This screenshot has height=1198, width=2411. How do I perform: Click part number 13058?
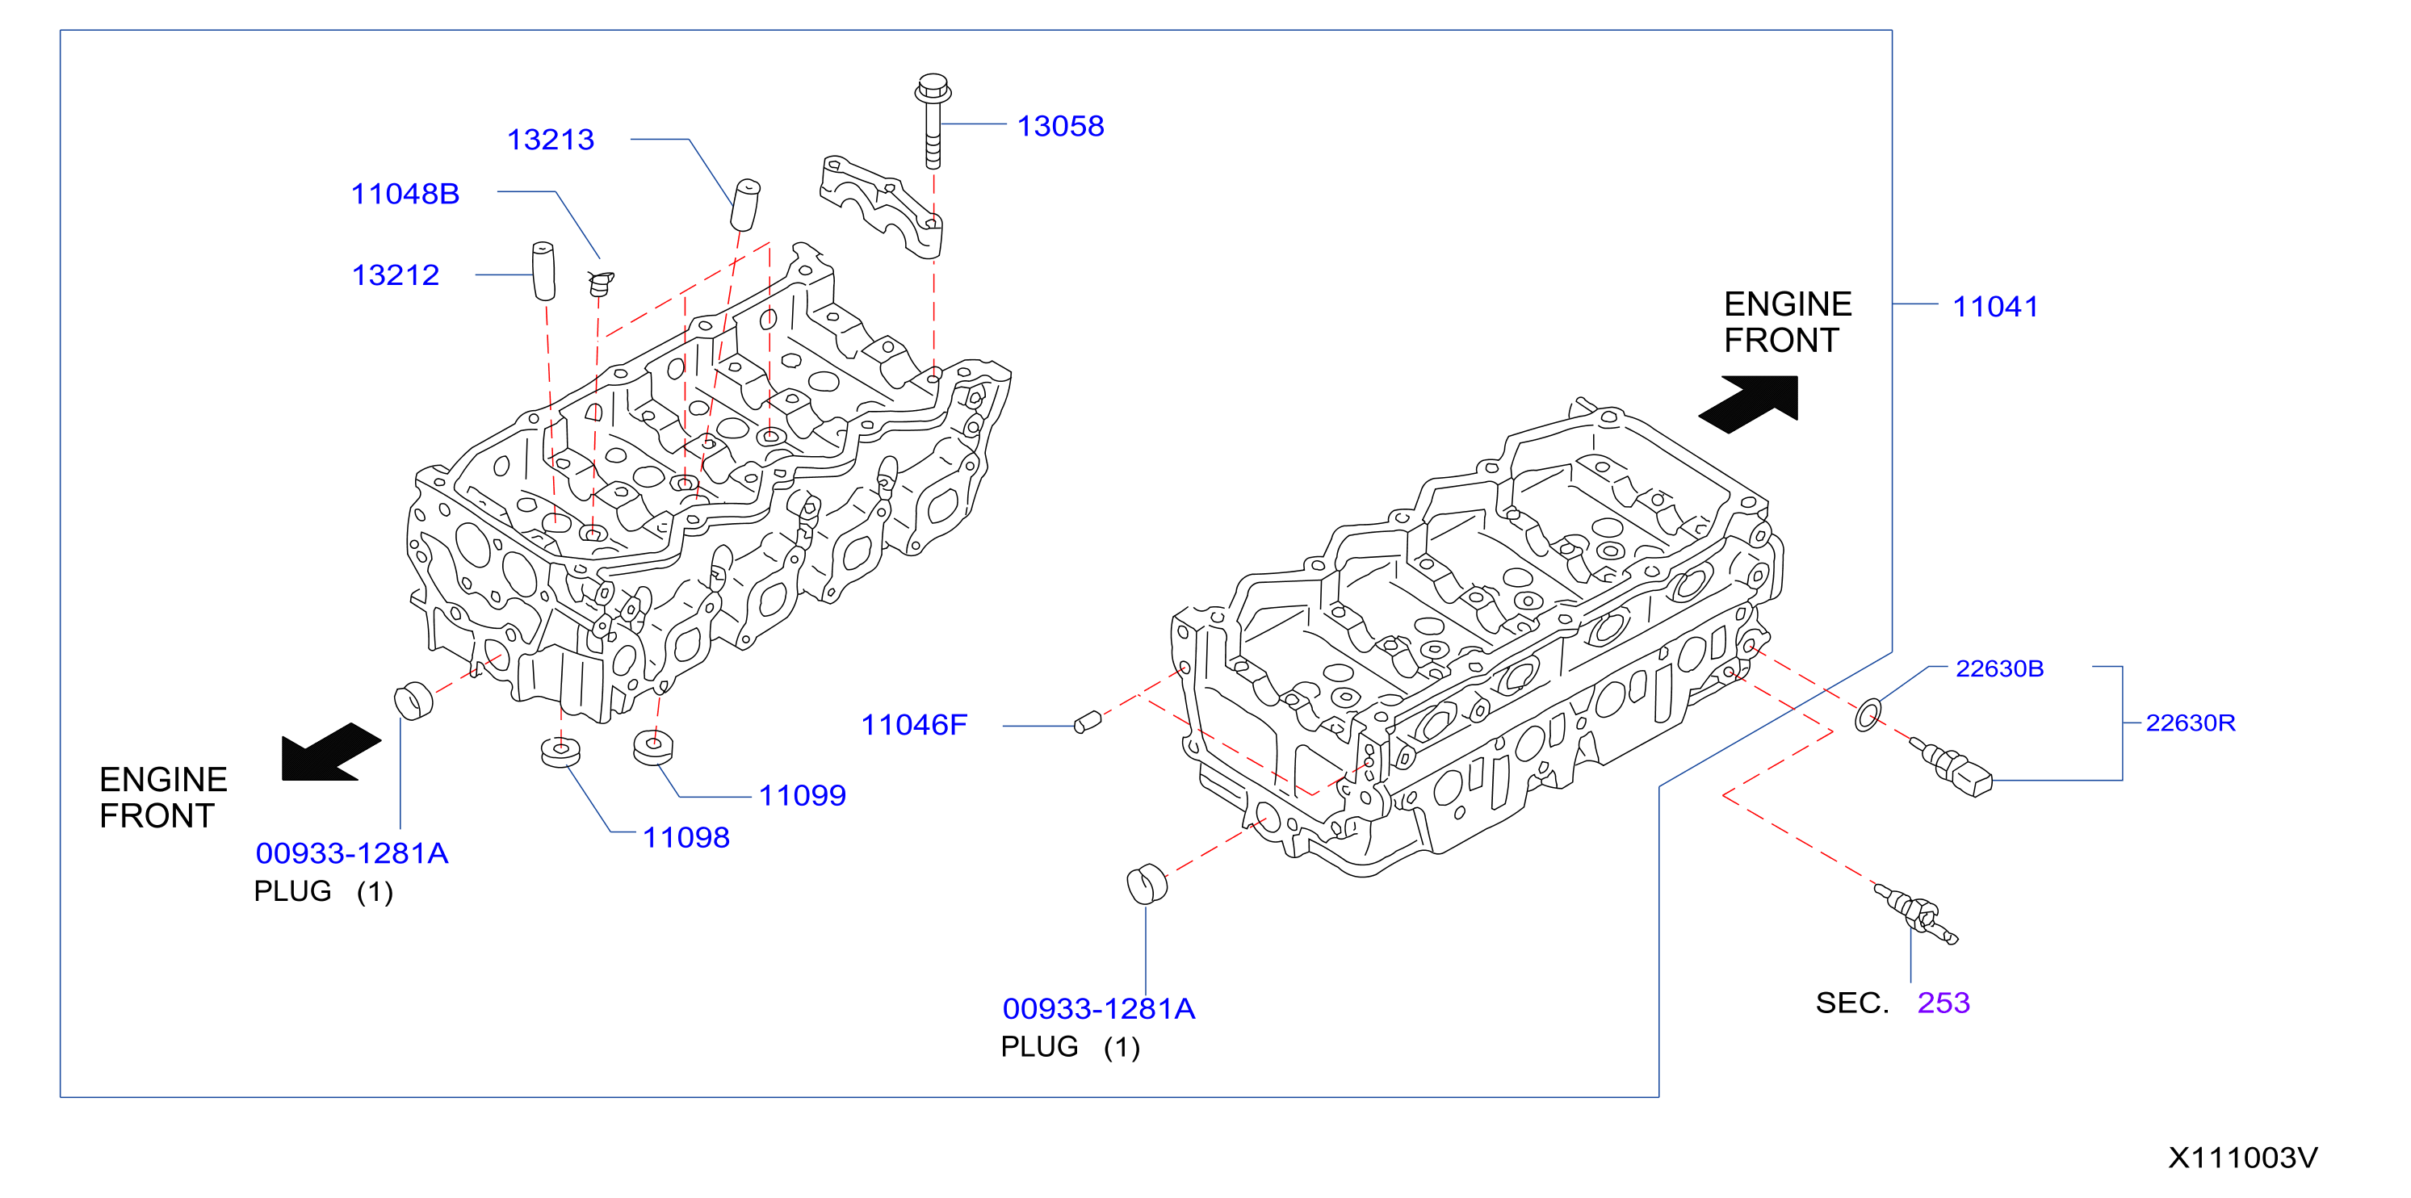pos(1060,127)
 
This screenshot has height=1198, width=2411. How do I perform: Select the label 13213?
pos(551,140)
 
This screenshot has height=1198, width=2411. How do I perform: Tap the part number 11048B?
pos(405,194)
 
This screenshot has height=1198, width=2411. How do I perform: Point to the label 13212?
pos(396,275)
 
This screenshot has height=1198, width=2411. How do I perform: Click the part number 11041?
pos(1995,307)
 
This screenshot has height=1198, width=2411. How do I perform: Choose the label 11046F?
pos(913,726)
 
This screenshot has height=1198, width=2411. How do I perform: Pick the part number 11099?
pos(802,795)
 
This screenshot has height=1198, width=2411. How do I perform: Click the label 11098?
pos(686,838)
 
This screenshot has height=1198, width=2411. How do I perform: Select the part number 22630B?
pos(1999,669)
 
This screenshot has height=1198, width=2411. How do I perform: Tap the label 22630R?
pos(2190,723)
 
